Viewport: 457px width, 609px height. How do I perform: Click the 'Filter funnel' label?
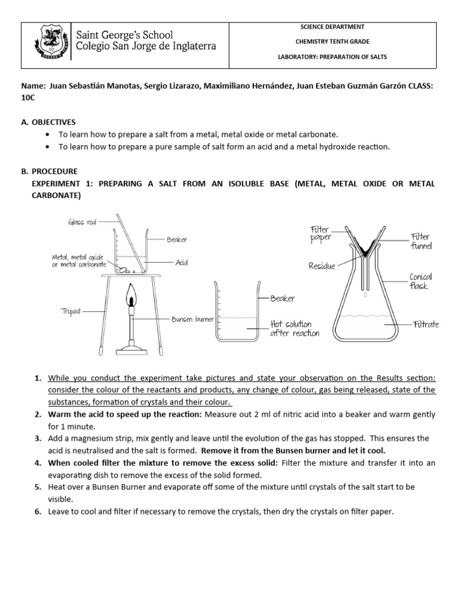(421, 241)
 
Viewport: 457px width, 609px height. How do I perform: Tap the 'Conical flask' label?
(420, 281)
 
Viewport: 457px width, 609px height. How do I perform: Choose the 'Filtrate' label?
(426, 324)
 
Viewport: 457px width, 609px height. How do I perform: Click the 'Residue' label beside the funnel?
(321, 266)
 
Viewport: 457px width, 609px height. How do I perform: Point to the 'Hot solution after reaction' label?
(294, 328)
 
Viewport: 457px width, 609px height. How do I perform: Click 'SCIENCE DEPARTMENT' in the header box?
(333, 27)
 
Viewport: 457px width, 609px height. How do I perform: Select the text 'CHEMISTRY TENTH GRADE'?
(333, 41)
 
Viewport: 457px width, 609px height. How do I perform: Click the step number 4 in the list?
(37, 462)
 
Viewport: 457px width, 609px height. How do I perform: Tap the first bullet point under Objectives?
(48, 135)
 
